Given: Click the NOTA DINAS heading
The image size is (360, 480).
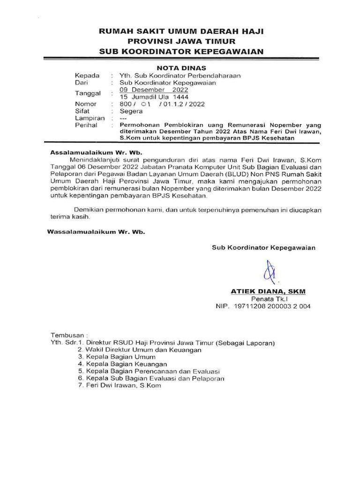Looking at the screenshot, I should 180,67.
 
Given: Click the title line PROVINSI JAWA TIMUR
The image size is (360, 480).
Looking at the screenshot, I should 180,41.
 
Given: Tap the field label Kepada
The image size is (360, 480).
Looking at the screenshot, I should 87,75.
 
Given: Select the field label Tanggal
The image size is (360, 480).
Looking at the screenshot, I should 88,93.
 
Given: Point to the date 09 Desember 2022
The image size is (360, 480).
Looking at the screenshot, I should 154,90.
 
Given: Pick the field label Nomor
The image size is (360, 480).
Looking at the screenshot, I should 86,104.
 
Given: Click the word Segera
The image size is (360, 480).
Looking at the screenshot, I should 131,111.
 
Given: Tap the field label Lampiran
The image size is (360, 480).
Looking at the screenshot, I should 90,119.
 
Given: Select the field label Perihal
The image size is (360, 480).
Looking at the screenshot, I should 86,126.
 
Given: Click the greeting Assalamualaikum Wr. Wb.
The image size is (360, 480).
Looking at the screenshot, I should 96,153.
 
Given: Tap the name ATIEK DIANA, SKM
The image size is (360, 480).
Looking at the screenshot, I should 268,291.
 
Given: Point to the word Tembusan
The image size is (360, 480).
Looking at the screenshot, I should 68,336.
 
